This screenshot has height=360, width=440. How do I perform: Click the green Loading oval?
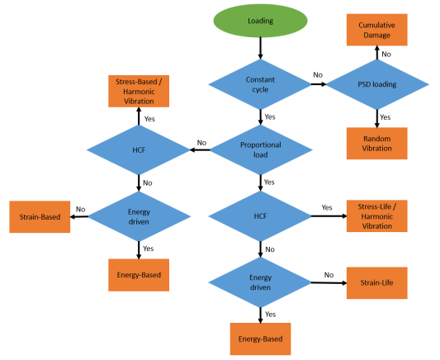[x=260, y=21]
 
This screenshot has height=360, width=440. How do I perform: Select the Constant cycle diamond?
[x=260, y=84]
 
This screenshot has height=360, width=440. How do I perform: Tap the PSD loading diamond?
[x=377, y=84]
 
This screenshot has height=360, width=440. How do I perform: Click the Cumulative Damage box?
[x=377, y=30]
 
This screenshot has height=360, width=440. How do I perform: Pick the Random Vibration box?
[x=377, y=144]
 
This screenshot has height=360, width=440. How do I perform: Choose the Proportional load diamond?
[x=261, y=149]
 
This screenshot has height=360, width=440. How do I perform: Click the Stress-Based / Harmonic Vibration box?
[x=139, y=91]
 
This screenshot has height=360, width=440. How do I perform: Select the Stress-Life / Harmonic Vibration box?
[x=377, y=216]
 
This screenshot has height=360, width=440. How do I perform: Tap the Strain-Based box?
[x=40, y=217]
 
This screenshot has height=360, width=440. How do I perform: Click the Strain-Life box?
[x=377, y=283]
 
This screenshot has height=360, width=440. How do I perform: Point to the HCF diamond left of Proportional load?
[x=139, y=149]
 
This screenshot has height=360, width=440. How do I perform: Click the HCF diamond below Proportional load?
[x=260, y=216]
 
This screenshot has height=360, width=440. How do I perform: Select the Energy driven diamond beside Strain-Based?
[x=140, y=216]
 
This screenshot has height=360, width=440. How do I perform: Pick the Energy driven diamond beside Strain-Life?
[x=260, y=282]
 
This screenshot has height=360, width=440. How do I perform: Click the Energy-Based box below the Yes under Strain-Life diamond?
[x=260, y=339]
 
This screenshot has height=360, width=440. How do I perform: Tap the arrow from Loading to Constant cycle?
[x=260, y=48]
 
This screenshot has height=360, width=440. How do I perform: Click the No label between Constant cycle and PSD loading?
[x=318, y=75]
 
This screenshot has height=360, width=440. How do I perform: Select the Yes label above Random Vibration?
[x=385, y=117]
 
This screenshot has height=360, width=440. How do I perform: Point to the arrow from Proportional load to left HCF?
[x=200, y=149]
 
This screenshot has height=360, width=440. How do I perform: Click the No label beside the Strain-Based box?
[x=80, y=210]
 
